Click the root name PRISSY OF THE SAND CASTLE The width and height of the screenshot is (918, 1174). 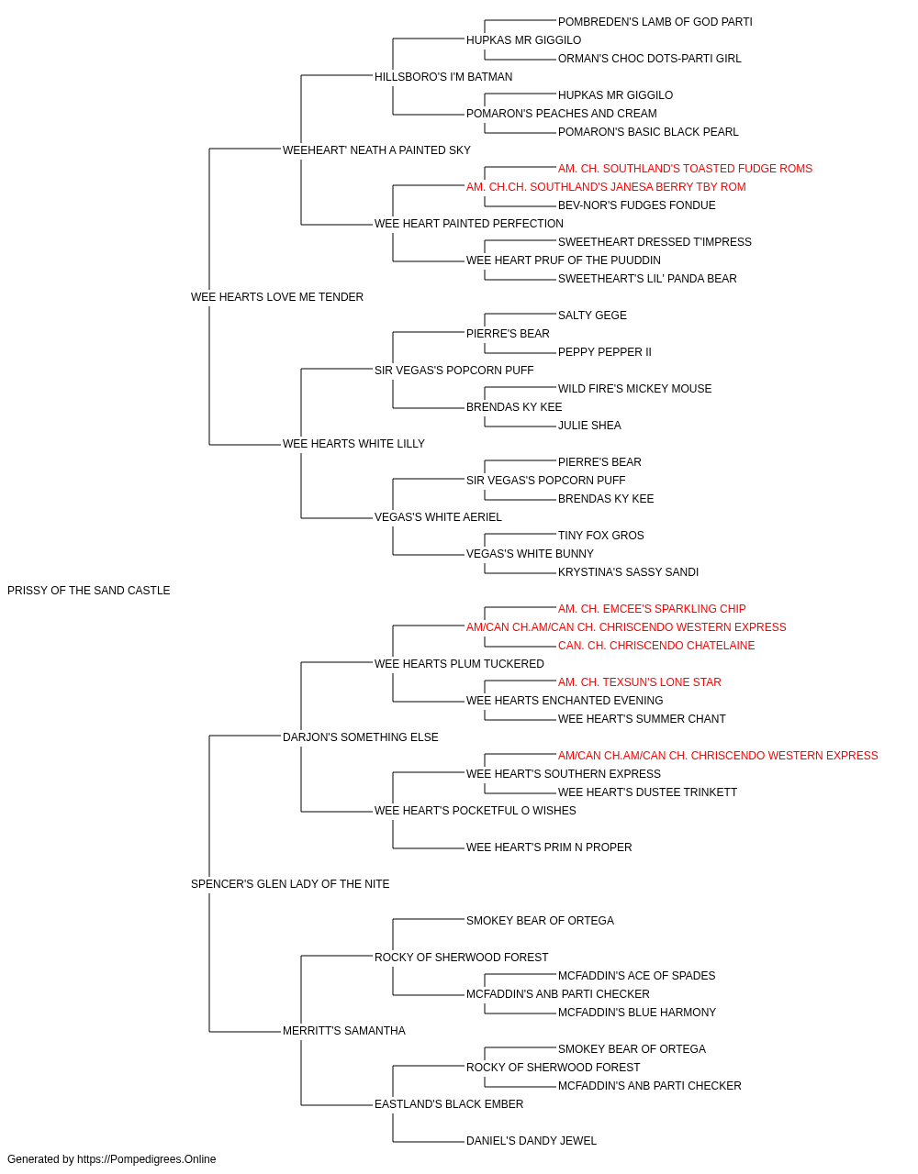pyautogui.click(x=89, y=591)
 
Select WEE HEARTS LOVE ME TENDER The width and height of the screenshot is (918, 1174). pyautogui.click(x=277, y=297)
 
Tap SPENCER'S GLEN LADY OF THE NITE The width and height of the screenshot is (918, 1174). pyautogui.click(x=290, y=884)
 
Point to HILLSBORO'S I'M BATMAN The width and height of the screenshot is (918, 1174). pyautogui.click(x=443, y=77)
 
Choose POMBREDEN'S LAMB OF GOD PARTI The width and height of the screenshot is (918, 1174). pyautogui.click(x=655, y=22)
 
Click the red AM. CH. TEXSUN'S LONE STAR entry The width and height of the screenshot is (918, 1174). pyautogui.click(x=639, y=682)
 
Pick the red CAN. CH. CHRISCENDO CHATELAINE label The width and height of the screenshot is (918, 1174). pyautogui.click(x=655, y=646)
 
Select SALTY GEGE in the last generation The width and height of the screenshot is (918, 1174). pyautogui.click(x=592, y=316)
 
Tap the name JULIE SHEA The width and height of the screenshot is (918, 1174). pyautogui.click(x=589, y=426)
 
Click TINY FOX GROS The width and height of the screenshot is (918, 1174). pyautogui.click(x=600, y=536)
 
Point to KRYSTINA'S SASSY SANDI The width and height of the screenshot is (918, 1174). pyautogui.click(x=628, y=572)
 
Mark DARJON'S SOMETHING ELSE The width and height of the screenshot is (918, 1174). pyautogui.click(x=360, y=737)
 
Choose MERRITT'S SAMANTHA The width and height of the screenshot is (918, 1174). pyautogui.click(x=344, y=1031)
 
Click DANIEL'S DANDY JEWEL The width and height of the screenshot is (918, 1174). pyautogui.click(x=531, y=1141)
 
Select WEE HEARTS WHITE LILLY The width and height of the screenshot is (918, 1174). pyautogui.click(x=353, y=444)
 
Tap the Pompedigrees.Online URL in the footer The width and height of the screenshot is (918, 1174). pyautogui.click(x=146, y=1159)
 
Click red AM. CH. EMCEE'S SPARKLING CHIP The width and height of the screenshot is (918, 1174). pyautogui.click(x=652, y=609)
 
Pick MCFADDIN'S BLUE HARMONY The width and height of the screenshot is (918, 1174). pyautogui.click(x=636, y=1013)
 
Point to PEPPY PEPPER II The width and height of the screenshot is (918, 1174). pyautogui.click(x=604, y=352)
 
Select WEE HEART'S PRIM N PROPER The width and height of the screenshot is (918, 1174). pyautogui.click(x=549, y=847)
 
